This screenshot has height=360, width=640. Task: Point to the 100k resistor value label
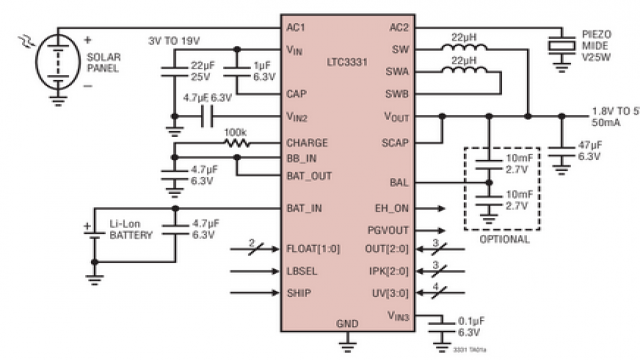click(x=236, y=131)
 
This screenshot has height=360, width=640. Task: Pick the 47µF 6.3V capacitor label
click(x=590, y=152)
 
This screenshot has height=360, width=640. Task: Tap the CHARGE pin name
click(x=308, y=142)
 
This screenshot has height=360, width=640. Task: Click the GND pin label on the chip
click(x=347, y=325)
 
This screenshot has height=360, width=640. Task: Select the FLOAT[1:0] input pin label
click(x=315, y=249)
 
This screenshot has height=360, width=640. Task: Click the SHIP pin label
click(x=301, y=294)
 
